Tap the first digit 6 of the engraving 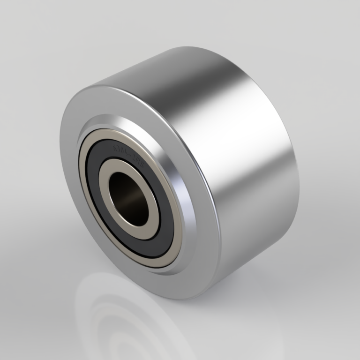(x=116, y=150)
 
